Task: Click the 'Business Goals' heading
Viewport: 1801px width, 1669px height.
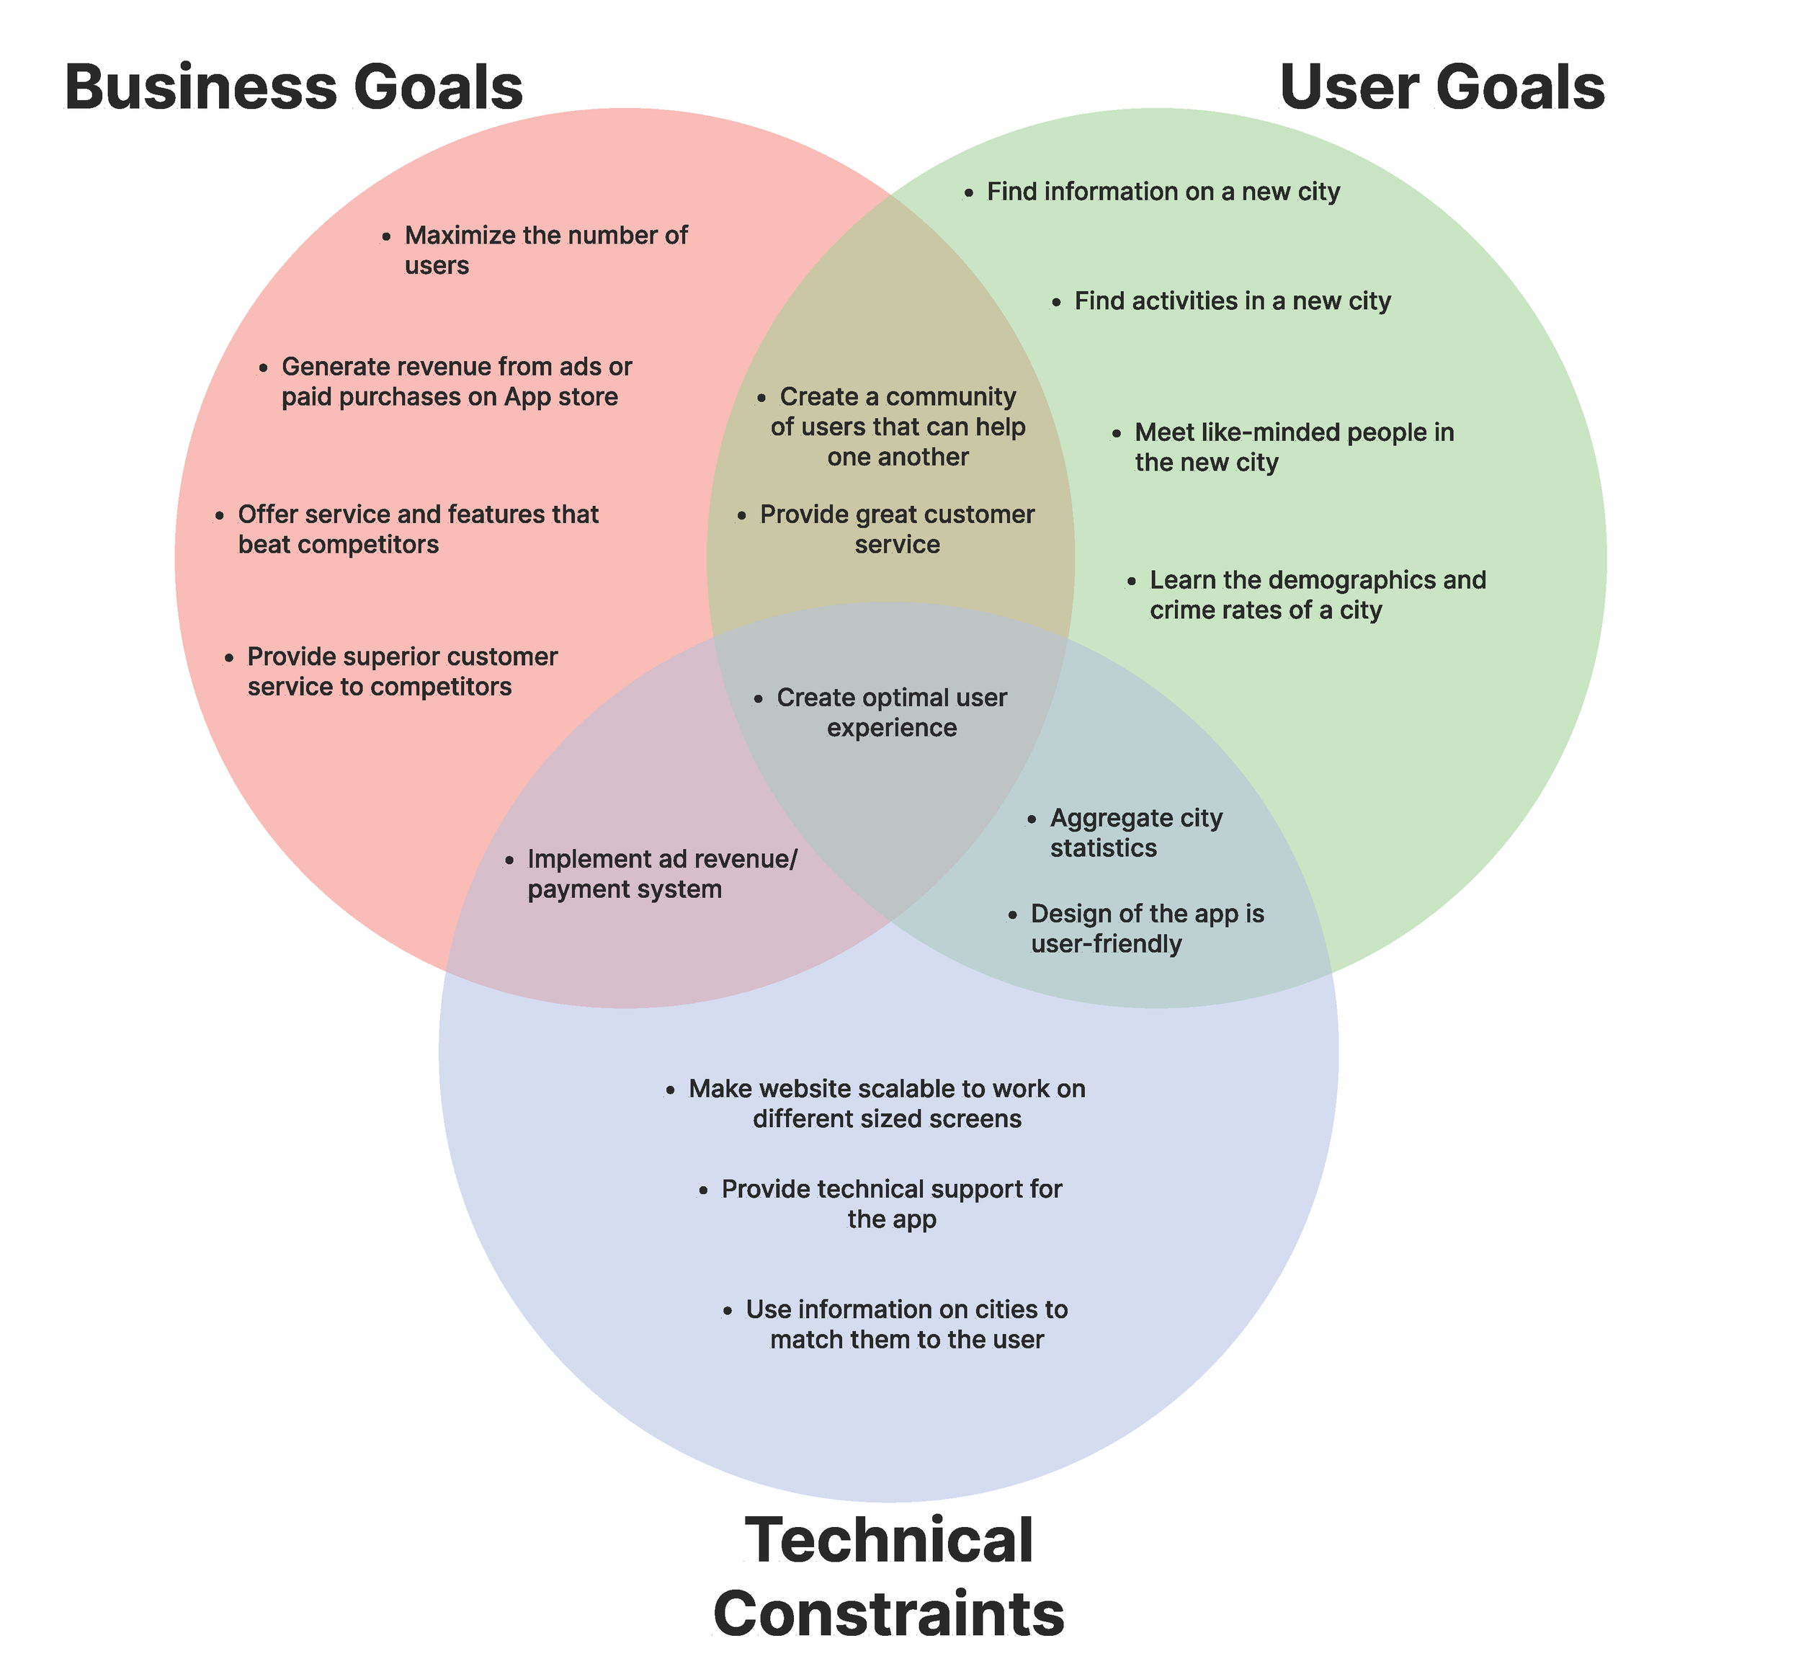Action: point(293,88)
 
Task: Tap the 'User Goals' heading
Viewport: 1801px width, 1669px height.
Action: point(1441,88)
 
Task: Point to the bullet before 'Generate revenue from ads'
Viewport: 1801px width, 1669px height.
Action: point(263,368)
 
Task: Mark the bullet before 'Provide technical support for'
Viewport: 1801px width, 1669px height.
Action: point(703,1191)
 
